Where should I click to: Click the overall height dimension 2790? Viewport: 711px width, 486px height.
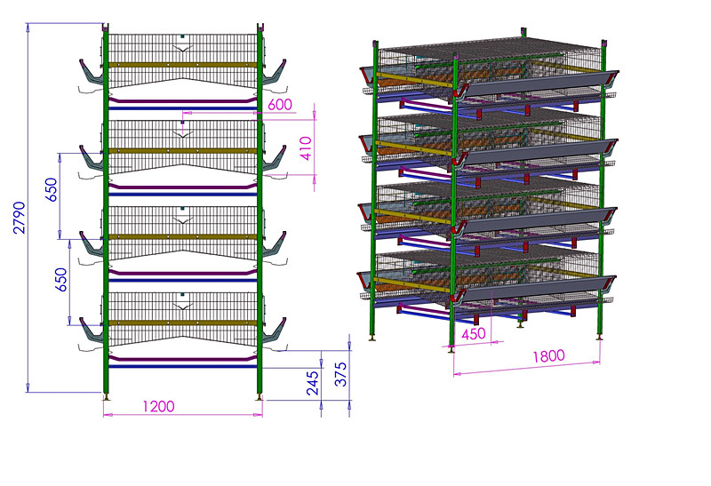(20, 218)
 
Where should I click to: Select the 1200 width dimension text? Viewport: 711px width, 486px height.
(158, 406)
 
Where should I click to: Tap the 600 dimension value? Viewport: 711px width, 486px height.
(280, 105)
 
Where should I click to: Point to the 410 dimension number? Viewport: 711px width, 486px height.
(307, 148)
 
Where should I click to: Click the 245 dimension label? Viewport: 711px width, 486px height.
(313, 383)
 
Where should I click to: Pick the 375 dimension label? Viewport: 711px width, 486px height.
(340, 374)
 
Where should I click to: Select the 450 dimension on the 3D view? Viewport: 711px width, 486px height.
(474, 334)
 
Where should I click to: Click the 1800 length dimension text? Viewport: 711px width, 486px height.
(548, 356)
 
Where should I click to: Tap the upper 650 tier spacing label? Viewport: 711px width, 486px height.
(52, 189)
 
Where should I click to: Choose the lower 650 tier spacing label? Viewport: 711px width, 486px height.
(60, 280)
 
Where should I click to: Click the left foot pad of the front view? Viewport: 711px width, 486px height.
(106, 397)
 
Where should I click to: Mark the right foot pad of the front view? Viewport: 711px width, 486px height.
(260, 397)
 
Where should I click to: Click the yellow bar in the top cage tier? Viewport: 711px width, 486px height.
(183, 65)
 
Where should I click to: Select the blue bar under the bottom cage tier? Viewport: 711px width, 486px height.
(183, 366)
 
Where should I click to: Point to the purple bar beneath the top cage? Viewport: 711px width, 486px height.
(183, 100)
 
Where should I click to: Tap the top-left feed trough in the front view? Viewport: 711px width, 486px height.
(92, 73)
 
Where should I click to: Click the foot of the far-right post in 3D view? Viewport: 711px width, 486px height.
(601, 337)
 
